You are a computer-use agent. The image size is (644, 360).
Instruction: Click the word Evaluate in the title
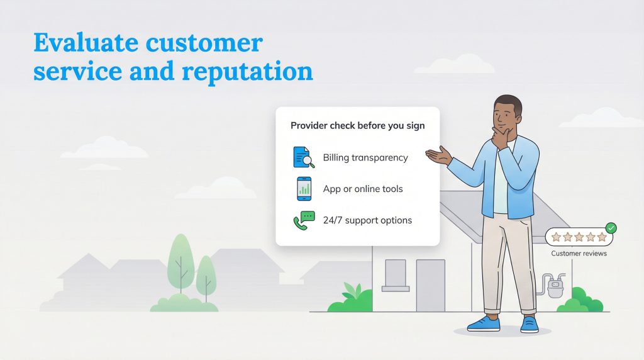(x=86, y=43)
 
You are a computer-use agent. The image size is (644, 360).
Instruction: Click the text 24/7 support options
(x=367, y=220)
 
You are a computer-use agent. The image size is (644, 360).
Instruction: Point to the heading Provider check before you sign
(x=357, y=126)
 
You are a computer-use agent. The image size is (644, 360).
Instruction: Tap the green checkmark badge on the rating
(x=610, y=228)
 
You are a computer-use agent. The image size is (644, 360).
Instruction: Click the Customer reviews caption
(x=579, y=254)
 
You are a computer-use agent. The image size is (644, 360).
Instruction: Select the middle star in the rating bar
(x=579, y=237)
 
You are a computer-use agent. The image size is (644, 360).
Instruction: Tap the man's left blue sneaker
(x=484, y=323)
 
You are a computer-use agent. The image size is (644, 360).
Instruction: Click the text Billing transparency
(x=365, y=157)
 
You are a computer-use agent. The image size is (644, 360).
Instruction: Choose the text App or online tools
(x=363, y=189)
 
